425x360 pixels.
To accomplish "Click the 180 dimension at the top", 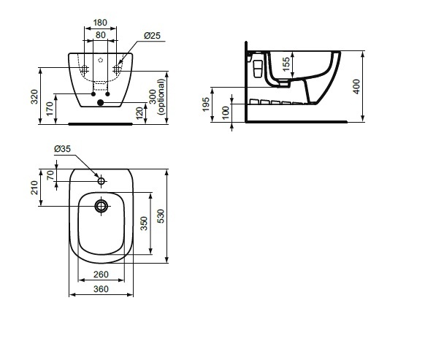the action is [x=100, y=23].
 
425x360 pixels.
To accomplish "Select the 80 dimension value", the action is [x=100, y=35].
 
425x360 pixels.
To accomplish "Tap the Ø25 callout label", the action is [x=152, y=36].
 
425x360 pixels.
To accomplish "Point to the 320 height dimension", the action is [x=34, y=97].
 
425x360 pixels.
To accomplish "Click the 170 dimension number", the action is [x=50, y=109].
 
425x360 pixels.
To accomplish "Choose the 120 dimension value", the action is [x=139, y=113].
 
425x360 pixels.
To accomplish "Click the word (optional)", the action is [x=161, y=97].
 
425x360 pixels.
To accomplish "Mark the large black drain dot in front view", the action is [x=100, y=102].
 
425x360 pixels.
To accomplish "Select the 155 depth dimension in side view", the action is [x=286, y=64].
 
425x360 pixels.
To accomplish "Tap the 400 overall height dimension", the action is [x=356, y=87].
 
